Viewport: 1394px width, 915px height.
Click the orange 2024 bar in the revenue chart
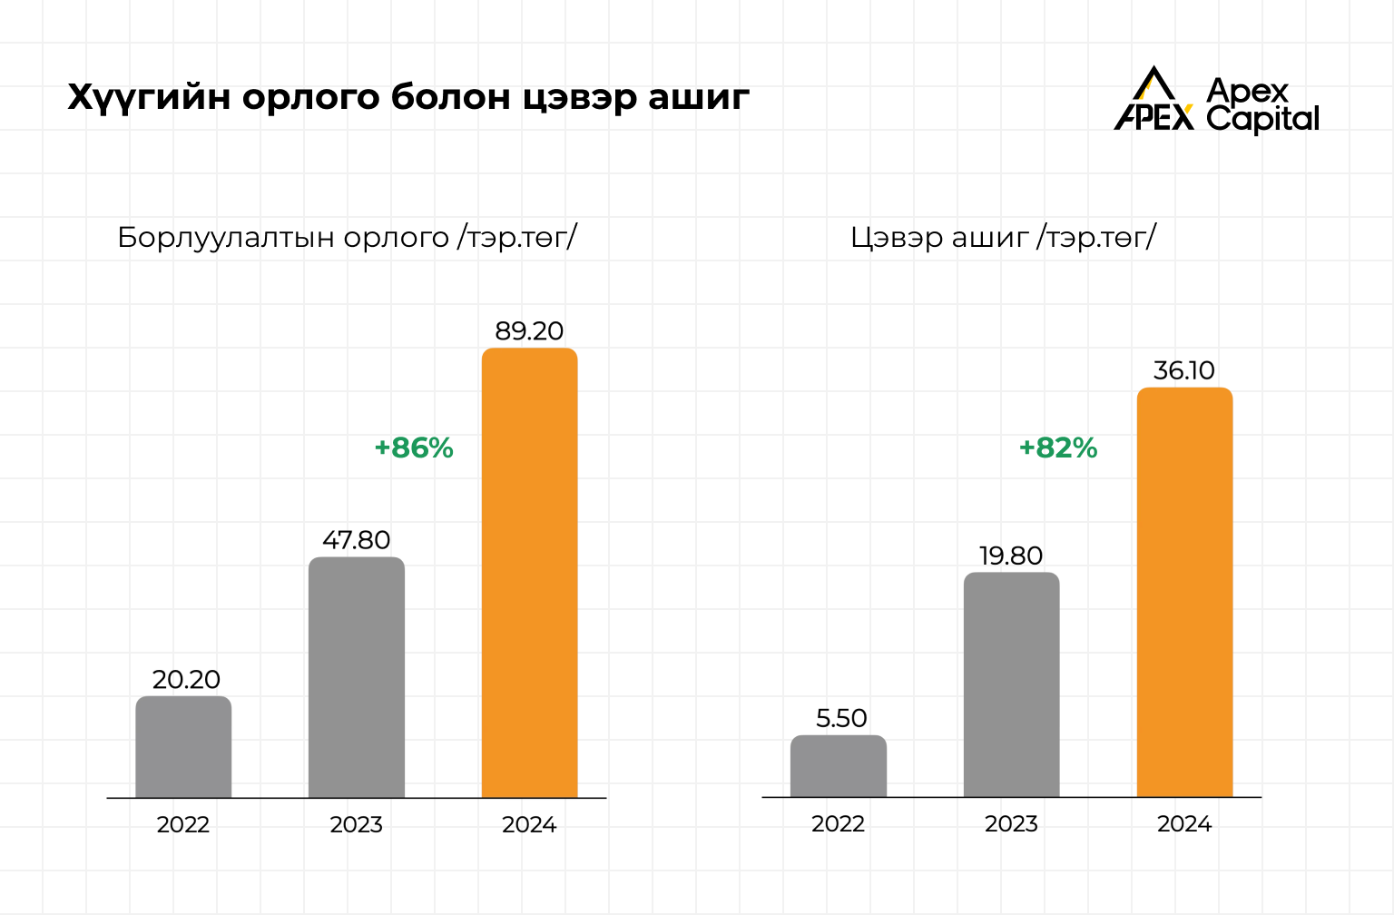[x=529, y=572]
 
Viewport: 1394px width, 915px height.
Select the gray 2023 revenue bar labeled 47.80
[x=356, y=677]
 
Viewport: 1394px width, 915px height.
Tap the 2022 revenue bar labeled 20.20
[x=183, y=747]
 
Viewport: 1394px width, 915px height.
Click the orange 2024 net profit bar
[x=1184, y=592]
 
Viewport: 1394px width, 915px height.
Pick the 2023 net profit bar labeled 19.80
[x=1011, y=684]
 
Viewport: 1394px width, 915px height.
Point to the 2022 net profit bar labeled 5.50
[x=838, y=766]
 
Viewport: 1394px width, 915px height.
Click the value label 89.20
[x=529, y=331]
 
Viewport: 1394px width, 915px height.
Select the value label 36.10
[x=1183, y=370]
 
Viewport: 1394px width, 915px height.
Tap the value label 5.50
[x=841, y=719]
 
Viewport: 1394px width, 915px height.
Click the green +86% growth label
[x=414, y=448]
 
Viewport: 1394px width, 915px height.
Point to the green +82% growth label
[x=1058, y=448]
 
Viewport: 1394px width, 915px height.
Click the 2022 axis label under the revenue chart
[x=183, y=825]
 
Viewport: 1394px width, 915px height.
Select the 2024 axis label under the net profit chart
[x=1184, y=824]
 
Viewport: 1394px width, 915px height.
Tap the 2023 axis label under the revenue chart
[x=356, y=825]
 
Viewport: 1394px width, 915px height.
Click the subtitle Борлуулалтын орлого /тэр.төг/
[x=348, y=238]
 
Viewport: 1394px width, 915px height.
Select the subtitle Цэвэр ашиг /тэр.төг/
[x=1003, y=238]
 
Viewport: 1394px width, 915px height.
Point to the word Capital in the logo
[x=1262, y=118]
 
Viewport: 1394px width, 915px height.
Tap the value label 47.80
[x=356, y=541]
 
